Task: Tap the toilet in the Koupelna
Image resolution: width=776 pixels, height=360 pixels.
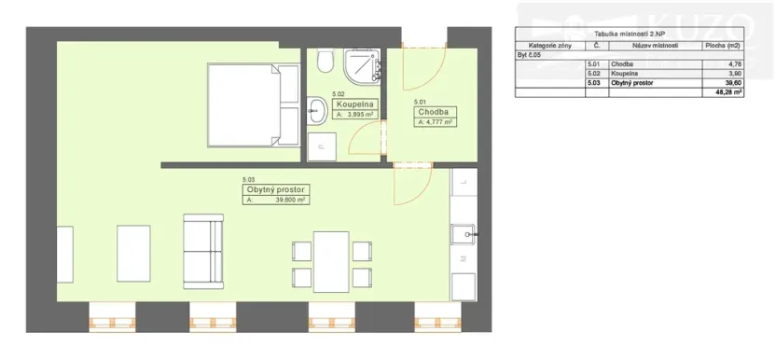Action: tap(325, 62)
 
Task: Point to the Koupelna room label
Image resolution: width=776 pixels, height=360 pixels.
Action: tap(354, 104)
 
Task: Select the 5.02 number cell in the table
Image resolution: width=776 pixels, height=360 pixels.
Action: tap(593, 74)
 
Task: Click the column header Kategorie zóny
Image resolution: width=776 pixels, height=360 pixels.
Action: tap(547, 45)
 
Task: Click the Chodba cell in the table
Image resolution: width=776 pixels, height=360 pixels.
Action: tap(622, 64)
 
